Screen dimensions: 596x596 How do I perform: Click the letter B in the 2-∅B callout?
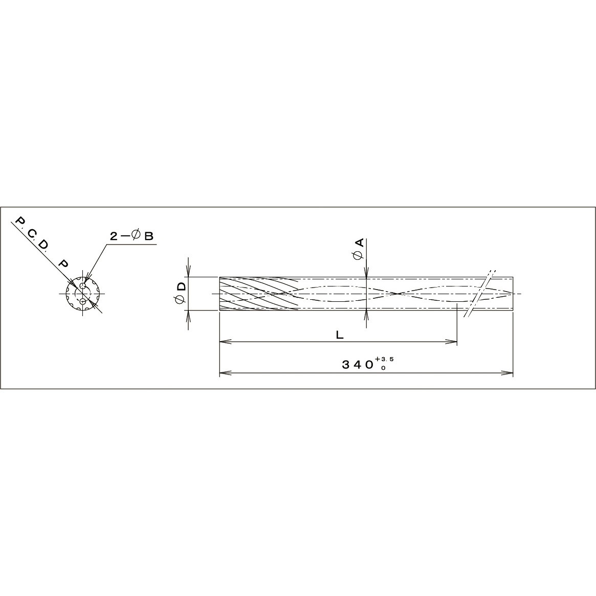tap(149, 236)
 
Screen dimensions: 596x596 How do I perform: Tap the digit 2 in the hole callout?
tap(114, 236)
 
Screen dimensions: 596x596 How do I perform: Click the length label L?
tap(339, 335)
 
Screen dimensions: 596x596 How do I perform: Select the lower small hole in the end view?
tap(82, 302)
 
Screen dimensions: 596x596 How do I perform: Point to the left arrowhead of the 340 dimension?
tap(223, 372)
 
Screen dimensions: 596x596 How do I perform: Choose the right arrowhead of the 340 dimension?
tap(509, 372)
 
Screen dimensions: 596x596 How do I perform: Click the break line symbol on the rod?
tap(479, 294)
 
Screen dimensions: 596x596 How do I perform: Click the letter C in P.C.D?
tap(32, 234)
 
